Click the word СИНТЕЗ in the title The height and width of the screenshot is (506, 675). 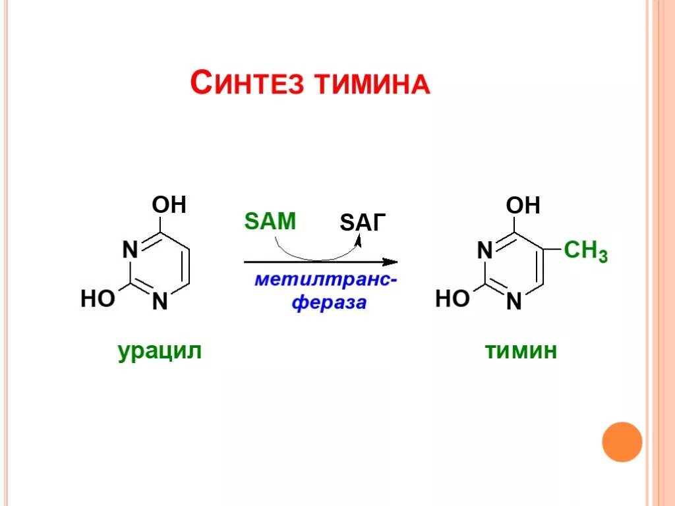click(247, 84)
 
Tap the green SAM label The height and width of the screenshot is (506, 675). click(270, 221)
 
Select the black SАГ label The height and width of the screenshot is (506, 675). click(361, 223)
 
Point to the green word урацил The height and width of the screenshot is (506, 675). click(160, 351)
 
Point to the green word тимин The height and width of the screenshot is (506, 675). click(521, 351)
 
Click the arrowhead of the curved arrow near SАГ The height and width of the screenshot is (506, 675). click(358, 241)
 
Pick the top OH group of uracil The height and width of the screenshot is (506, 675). click(169, 205)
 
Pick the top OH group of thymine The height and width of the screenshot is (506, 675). click(523, 205)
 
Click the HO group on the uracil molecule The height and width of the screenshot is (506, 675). click(97, 299)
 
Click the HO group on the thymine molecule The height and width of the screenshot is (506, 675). click(452, 299)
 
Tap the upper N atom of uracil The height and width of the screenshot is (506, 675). click(130, 250)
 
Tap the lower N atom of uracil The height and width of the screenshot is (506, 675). click(160, 302)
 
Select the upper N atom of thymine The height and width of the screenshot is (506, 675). click(484, 250)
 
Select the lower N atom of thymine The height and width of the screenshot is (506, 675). click(514, 302)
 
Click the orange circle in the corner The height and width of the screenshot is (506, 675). click(622, 442)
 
